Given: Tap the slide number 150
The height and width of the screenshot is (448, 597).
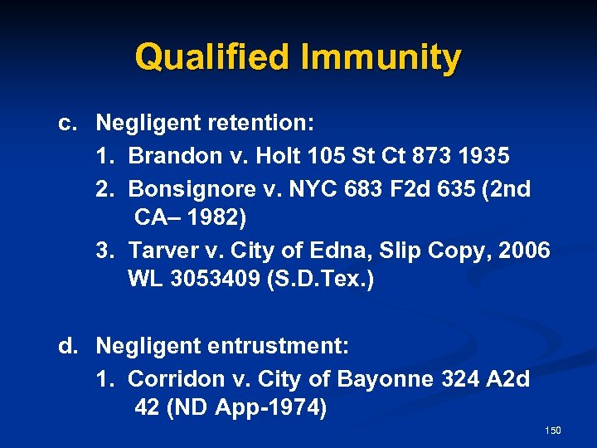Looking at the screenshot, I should (553, 430).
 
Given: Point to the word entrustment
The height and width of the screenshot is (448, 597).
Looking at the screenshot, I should (276, 344).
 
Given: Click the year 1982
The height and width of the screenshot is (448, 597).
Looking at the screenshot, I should (218, 219).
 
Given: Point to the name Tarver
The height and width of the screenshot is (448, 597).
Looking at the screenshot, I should (162, 251).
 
